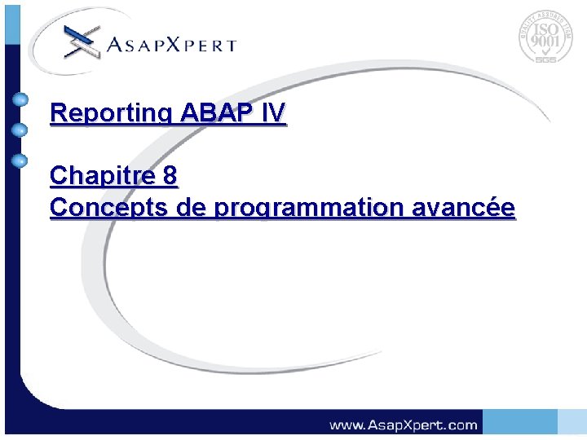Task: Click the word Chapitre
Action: pos(103,175)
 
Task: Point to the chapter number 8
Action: pos(170,175)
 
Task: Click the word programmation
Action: pos(320,208)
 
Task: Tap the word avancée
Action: pos(474,208)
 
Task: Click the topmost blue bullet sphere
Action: pos(20,99)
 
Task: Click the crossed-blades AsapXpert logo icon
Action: pos(81,41)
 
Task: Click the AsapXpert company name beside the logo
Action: pos(171,46)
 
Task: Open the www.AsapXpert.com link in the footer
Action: pos(403,425)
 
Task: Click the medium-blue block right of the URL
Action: pos(519,422)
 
